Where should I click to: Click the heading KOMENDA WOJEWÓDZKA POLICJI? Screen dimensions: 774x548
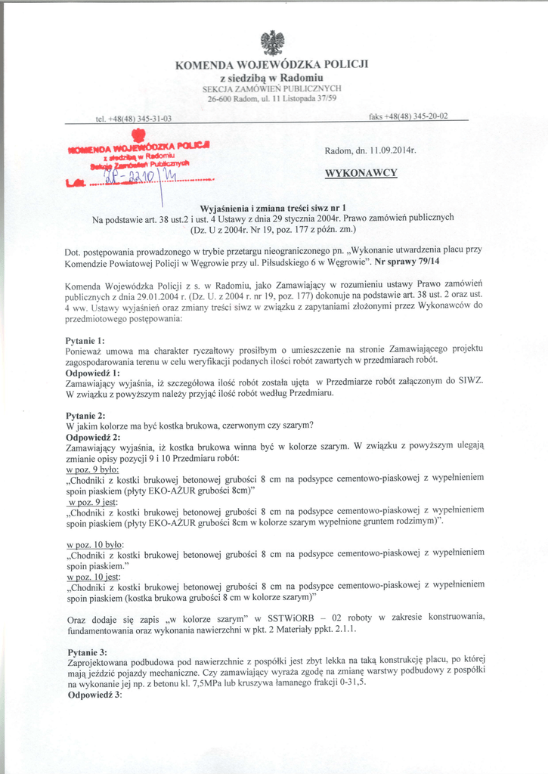(271, 65)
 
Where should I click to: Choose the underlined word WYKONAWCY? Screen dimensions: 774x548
(361, 173)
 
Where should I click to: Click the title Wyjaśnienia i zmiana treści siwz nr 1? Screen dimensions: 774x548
(272, 207)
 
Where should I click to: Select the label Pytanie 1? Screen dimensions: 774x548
(85, 340)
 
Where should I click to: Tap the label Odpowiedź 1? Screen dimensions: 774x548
(93, 373)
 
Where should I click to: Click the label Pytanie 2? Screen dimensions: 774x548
(85, 415)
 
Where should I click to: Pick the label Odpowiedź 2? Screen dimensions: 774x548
(93, 437)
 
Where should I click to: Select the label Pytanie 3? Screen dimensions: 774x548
(87, 652)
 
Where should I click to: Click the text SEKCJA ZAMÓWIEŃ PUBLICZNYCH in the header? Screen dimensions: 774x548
(271, 88)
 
